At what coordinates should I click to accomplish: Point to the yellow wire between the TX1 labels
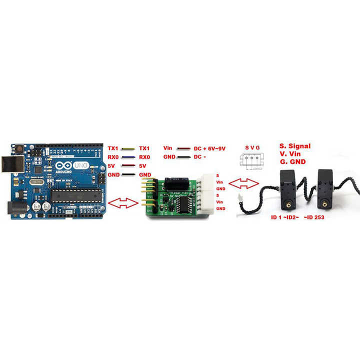[x=128, y=148]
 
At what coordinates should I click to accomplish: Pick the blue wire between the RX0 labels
[x=128, y=157]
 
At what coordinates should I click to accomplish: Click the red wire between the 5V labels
[x=128, y=165]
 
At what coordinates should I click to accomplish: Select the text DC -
[x=200, y=157]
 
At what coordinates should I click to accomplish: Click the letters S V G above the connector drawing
[x=252, y=148]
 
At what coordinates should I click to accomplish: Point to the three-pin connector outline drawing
[x=252, y=160]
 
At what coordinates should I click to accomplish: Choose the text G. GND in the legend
[x=292, y=162]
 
